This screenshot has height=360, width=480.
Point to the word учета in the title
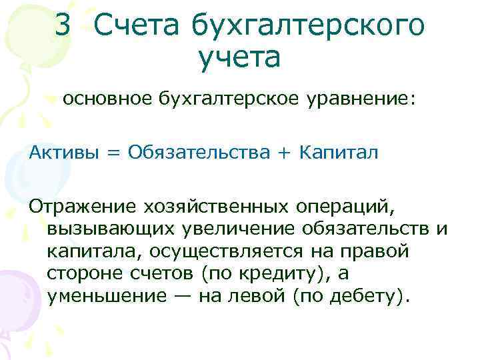click(x=239, y=58)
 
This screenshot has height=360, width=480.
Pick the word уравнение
click(x=361, y=100)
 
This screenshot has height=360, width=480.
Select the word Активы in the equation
click(x=63, y=153)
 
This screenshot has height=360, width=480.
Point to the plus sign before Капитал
click(x=285, y=153)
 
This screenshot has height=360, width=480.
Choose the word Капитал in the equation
click(x=339, y=153)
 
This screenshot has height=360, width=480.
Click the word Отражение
click(x=79, y=207)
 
